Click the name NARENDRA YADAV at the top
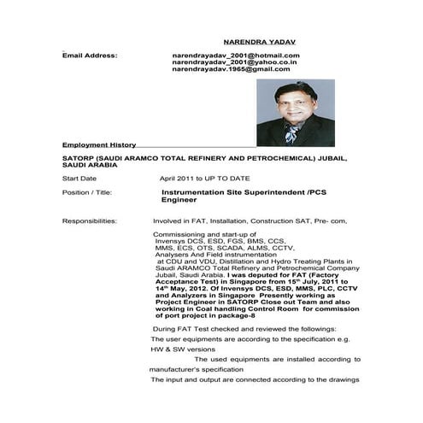click(258, 40)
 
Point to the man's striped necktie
click(291, 134)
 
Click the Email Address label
click(90, 55)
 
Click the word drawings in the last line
click(342, 379)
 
